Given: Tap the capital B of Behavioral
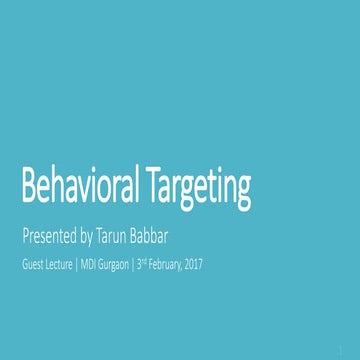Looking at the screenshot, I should point(30,188).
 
